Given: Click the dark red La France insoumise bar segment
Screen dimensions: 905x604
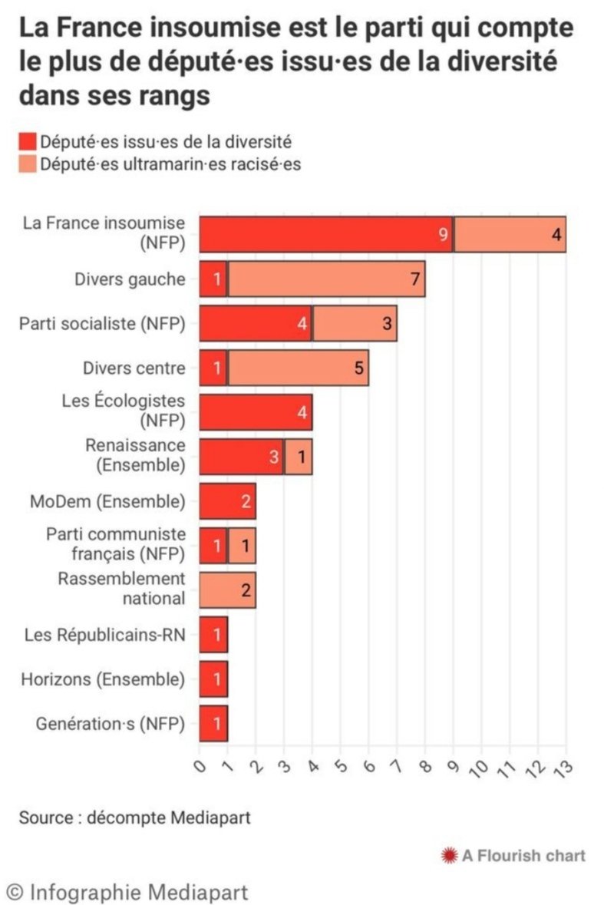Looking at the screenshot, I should [x=326, y=234].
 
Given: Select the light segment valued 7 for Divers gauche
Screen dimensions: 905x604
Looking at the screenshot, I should [x=326, y=279].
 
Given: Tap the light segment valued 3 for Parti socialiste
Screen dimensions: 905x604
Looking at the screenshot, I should [x=355, y=323].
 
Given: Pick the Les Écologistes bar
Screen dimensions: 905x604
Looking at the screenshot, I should [x=256, y=412].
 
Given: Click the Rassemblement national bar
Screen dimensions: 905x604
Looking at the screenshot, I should [x=227, y=590].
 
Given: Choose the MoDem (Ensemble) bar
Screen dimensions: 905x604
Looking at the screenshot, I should [x=227, y=501].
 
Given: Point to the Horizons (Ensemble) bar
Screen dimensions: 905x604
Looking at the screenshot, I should [x=213, y=679].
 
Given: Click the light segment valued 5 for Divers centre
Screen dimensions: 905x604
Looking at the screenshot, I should [x=298, y=368].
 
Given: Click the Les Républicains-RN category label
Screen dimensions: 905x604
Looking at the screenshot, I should [x=104, y=635].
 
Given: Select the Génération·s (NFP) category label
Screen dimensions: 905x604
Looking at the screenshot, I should [x=111, y=723].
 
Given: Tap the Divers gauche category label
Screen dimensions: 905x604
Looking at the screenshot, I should [x=130, y=279].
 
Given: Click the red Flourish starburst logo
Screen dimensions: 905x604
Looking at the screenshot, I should [x=449, y=854].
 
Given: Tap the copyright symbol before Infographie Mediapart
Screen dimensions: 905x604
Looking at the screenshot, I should [x=15, y=891].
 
